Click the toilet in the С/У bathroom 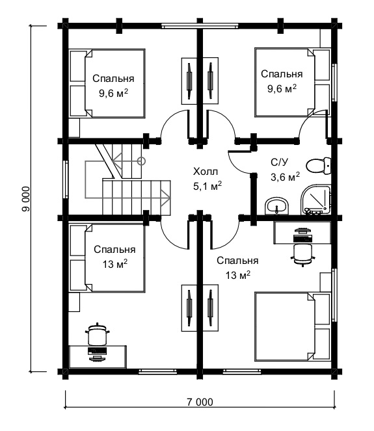coord(319,166)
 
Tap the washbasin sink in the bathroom coord(277,206)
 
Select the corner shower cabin coord(315,200)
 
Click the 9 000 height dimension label coord(25,199)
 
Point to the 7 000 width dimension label coord(200,402)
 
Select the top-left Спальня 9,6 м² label coord(113,86)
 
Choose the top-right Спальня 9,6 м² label coord(282,81)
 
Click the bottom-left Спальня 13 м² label coord(114,257)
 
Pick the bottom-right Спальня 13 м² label coord(237,268)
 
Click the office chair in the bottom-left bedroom coord(97,334)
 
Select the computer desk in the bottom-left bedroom coord(98,356)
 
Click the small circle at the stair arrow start coord(141,161)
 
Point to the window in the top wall coord(200,26)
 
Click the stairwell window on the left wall coord(65,179)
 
